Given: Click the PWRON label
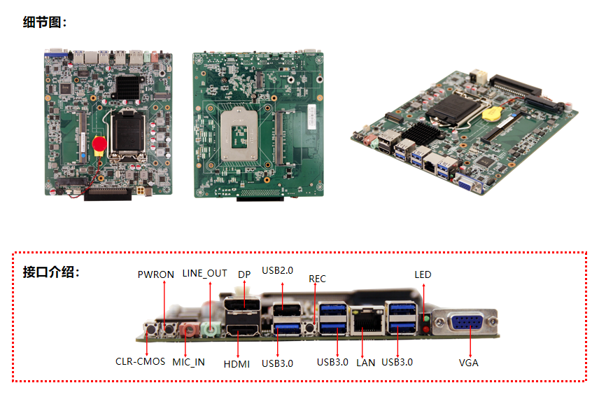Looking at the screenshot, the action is pos(156,274).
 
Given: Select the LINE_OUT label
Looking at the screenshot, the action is pos(204,273).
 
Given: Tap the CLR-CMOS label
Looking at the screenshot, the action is pos(140,361).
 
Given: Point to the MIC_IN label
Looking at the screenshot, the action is pos(189,362).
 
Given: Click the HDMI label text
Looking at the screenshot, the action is pos(237,364).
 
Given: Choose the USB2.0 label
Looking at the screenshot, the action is pos(278,271).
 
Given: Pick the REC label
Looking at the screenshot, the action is pos(317,279).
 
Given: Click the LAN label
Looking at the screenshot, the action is pos(365,363).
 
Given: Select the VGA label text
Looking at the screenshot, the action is pos(468,363).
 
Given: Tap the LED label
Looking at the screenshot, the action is pos(423,274).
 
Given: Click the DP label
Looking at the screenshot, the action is pos(244,274).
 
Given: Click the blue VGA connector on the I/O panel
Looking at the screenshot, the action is pos(466,321).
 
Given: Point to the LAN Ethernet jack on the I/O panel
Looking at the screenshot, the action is pos(367,320).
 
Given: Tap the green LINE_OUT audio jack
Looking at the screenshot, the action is pos(211,329).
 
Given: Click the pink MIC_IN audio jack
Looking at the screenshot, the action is pos(189,330).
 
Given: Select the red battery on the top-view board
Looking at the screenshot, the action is pos(99,144).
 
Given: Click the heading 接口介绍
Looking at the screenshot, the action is pos(51,272).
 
